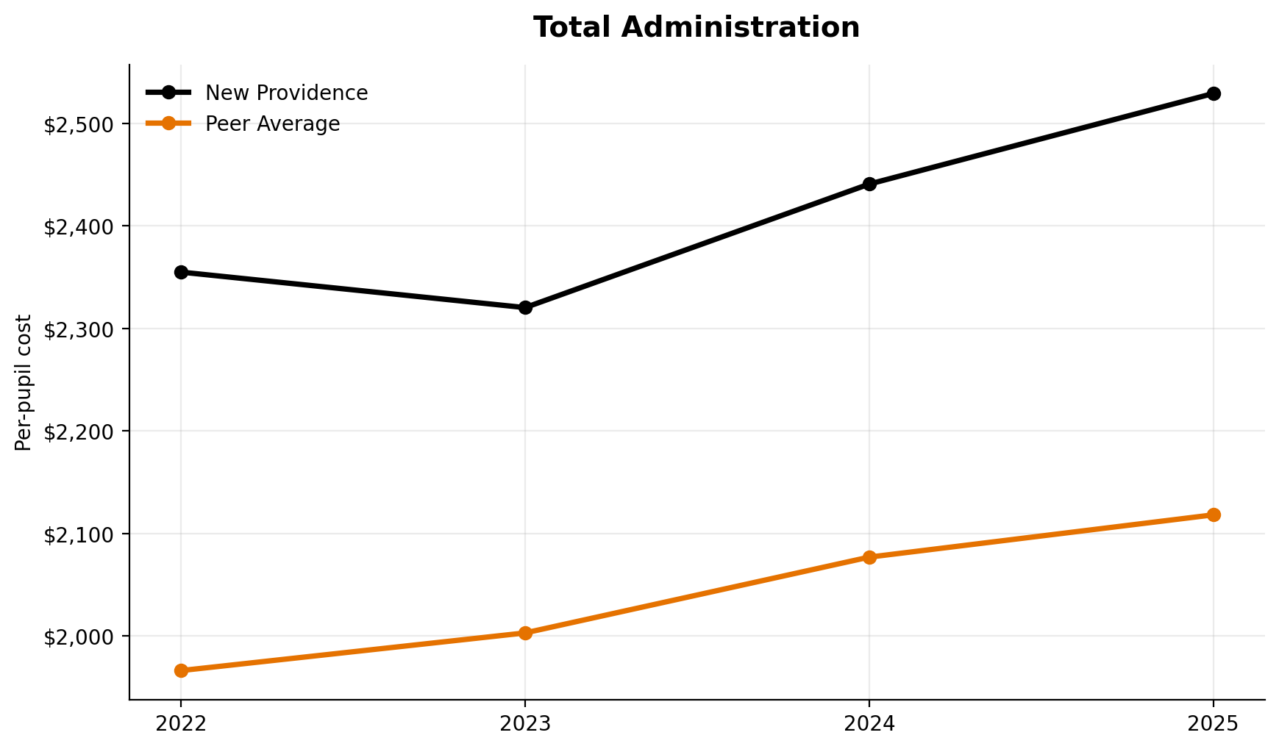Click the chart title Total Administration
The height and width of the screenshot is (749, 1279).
tap(696, 28)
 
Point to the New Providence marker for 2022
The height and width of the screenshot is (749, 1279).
tap(181, 273)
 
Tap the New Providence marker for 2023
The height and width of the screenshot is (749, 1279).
tap(525, 307)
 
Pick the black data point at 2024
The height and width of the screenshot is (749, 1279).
tap(869, 184)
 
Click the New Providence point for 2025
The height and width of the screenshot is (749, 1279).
tap(1214, 94)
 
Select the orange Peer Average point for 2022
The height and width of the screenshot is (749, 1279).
tap(181, 670)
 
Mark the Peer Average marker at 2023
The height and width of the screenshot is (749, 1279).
tap(525, 633)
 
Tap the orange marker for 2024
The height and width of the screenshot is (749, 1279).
tap(869, 557)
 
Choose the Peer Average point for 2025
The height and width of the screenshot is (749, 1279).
tap(1214, 515)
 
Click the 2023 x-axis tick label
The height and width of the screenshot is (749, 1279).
tap(525, 725)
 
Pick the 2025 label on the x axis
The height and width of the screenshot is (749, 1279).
tap(1214, 725)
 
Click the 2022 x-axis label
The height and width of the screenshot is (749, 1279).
tap(181, 725)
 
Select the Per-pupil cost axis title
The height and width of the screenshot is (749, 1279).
tap(24, 382)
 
